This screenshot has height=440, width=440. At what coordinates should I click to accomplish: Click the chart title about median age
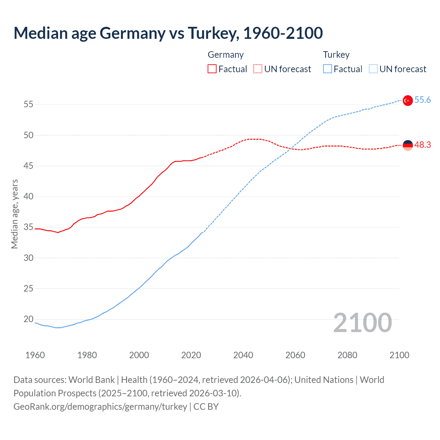pos(168,33)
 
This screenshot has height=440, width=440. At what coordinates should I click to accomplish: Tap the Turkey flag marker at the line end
pos(407,100)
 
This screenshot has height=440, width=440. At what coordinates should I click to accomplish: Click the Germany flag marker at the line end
pos(407,145)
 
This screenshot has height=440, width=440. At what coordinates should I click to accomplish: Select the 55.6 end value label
pos(422,100)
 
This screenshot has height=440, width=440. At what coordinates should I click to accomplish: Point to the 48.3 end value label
pos(422,145)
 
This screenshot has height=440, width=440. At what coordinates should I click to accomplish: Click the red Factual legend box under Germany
pos(212,69)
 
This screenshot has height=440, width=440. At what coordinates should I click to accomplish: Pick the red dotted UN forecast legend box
pos(258,69)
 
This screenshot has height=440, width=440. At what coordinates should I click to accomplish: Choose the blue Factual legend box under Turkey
pos(328,69)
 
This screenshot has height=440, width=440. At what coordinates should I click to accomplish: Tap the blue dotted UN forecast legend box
pos(373,69)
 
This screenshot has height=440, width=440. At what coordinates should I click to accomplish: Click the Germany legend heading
pos(225,55)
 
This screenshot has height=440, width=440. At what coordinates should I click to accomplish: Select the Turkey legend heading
pos(336,55)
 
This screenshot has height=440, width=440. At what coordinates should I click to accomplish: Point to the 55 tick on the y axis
pos(29,104)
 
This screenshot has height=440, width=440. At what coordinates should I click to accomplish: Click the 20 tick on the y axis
pos(29,319)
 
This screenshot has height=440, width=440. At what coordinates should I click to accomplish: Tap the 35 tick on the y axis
pos(29,227)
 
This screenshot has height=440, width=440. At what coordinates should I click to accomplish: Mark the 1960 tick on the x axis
pos(35,355)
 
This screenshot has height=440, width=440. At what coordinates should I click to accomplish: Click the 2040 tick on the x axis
pos(243,355)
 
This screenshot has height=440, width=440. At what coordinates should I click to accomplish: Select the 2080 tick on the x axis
pos(347,355)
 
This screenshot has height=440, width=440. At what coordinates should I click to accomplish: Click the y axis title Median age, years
pos(14,214)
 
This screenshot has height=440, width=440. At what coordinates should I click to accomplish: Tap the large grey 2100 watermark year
pos(363,322)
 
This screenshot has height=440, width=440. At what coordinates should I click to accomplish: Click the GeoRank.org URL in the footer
pos(100,407)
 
